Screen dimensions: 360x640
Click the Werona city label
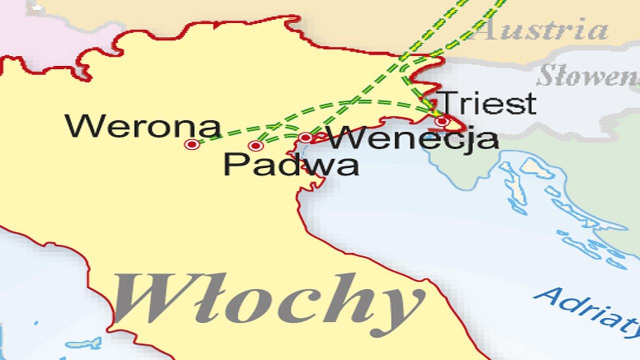[x=143, y=127]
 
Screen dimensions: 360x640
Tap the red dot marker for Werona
[x=192, y=144]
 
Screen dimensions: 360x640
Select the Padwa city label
[x=290, y=164]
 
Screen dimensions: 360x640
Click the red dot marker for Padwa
[x=255, y=145]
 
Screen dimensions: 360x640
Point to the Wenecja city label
[x=412, y=138]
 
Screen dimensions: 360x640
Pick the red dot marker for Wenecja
[x=305, y=137]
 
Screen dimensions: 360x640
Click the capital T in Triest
[x=448, y=103]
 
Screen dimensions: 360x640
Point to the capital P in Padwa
[x=233, y=164]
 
